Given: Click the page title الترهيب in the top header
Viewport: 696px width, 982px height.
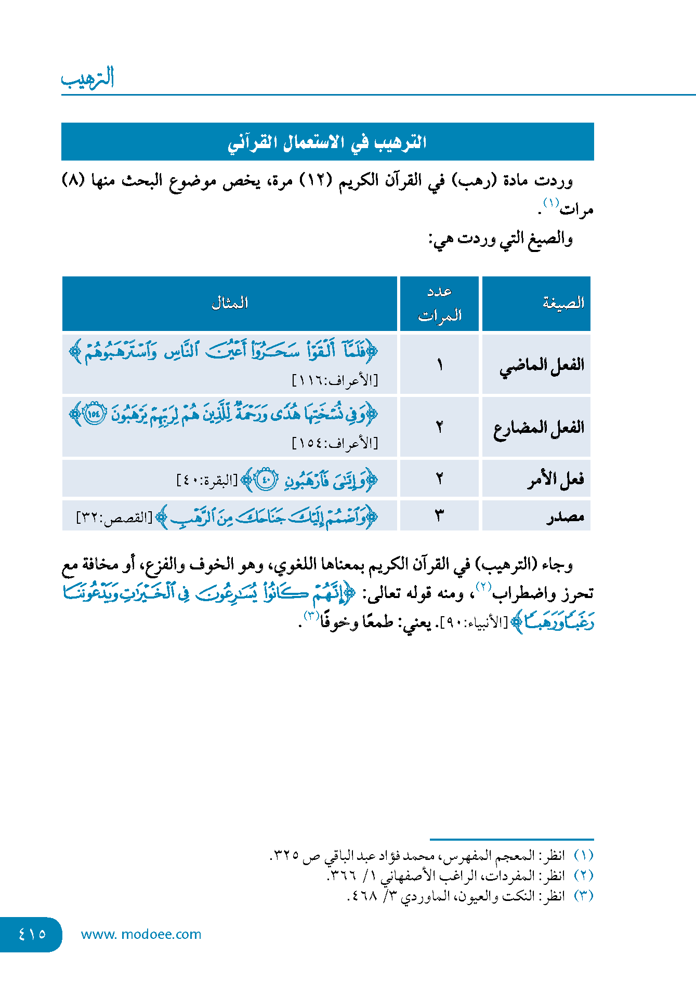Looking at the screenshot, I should tap(88, 78).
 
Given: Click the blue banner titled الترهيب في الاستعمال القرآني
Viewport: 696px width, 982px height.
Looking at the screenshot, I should tap(327, 142).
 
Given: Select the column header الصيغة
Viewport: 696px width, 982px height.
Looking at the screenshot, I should tap(563, 303).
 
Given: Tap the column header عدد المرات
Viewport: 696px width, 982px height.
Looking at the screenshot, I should tap(440, 303).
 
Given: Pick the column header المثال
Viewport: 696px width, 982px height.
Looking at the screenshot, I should tap(230, 303).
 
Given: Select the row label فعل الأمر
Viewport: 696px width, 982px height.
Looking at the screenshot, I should tap(556, 479).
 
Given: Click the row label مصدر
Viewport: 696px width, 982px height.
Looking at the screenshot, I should tap(565, 516).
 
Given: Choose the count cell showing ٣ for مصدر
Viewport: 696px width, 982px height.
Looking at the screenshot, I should tap(440, 516).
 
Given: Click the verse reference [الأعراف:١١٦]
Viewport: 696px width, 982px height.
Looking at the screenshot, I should tap(335, 381).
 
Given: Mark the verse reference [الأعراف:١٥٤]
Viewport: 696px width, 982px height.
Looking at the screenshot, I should tap(335, 443).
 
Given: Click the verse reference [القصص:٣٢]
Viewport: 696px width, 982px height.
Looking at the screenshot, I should tap(114, 518).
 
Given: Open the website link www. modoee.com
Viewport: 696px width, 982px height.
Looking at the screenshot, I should tap(141, 934).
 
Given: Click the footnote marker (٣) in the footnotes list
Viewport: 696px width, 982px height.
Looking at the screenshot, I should tap(584, 896).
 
